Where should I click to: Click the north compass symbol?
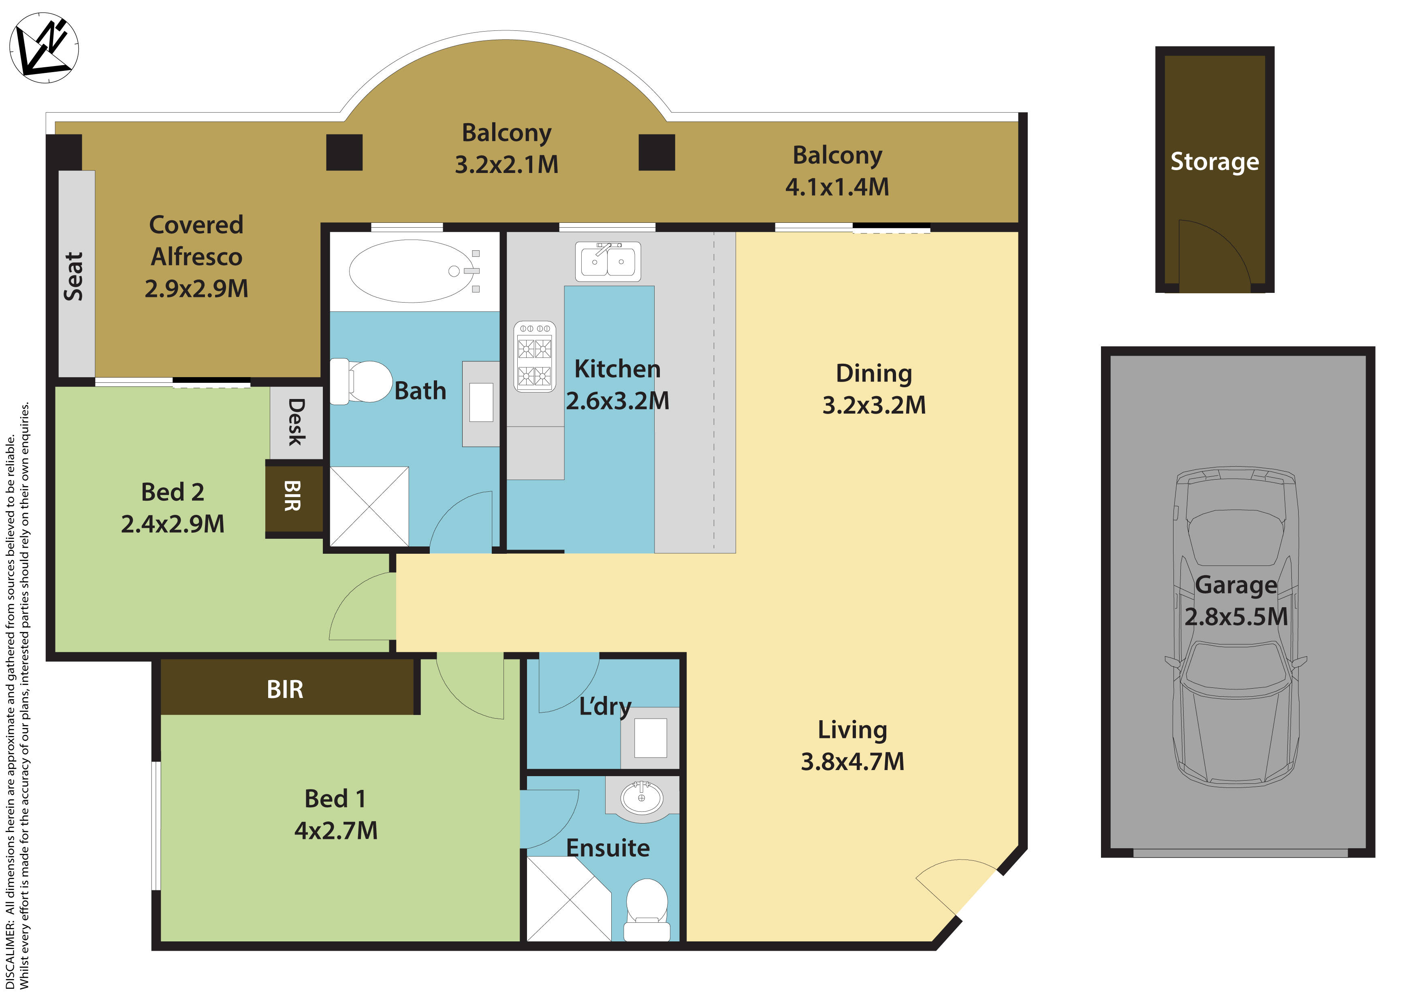coord(43,48)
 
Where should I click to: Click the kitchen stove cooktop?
coord(535,357)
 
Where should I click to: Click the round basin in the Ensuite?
coord(641,797)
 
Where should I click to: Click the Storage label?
coord(1214,162)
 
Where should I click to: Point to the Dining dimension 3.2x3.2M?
coord(873,405)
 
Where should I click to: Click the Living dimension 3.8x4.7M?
coord(852,762)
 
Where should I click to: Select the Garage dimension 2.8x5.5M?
coord(1235,617)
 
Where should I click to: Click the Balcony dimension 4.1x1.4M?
coord(837,187)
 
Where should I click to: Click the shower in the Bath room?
coord(369,507)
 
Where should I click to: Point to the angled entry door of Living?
coord(956,886)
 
